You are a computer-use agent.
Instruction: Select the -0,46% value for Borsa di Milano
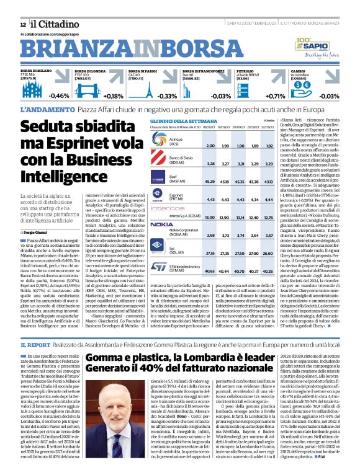pyautogui.click(x=60, y=95)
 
